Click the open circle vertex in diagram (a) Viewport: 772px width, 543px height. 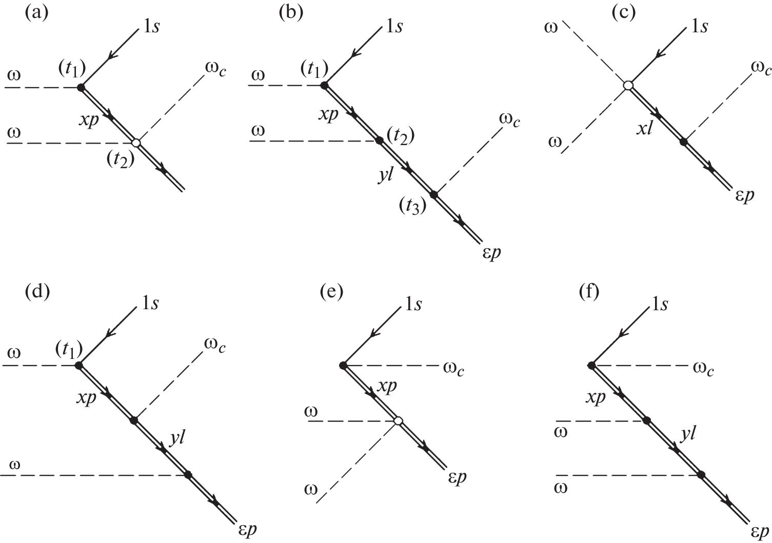pyautogui.click(x=136, y=143)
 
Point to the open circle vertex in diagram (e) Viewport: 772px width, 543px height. pyautogui.click(x=398, y=421)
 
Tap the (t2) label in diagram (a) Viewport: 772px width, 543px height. pyautogui.click(x=121, y=159)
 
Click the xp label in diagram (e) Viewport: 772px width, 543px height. pyautogui.click(x=387, y=388)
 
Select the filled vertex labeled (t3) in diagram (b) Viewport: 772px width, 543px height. pyautogui.click(x=434, y=194)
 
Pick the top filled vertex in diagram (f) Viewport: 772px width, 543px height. pyautogui.click(x=591, y=365)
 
